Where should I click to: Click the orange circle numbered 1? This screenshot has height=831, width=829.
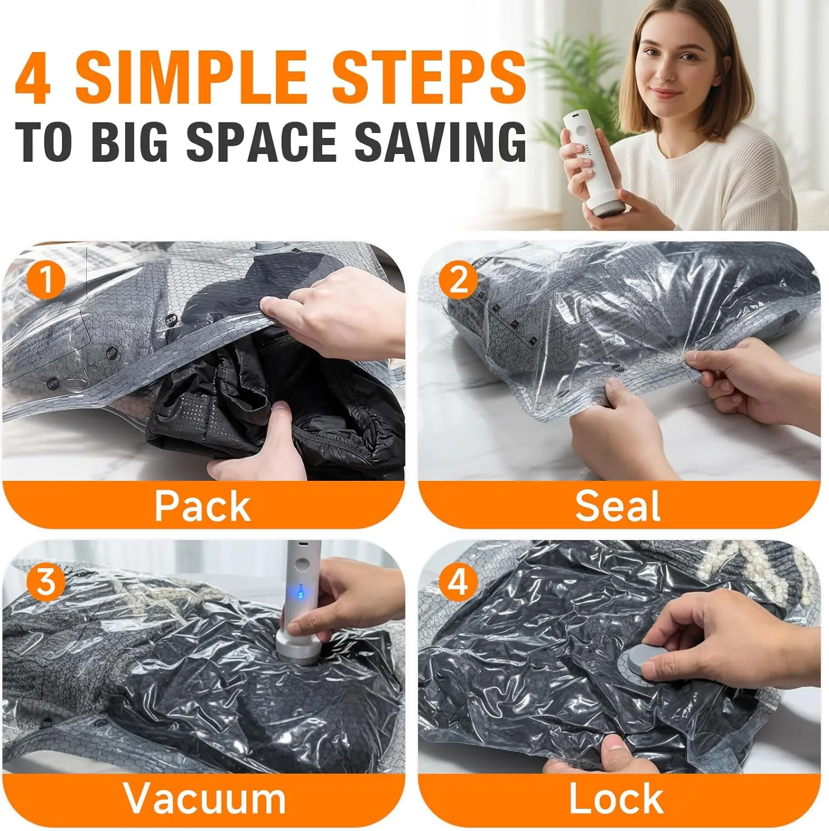coord(46,279)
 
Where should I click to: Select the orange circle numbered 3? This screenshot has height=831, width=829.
coord(46,581)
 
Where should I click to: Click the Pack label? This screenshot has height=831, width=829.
coord(203,506)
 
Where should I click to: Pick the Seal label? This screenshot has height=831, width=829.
coord(618,505)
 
